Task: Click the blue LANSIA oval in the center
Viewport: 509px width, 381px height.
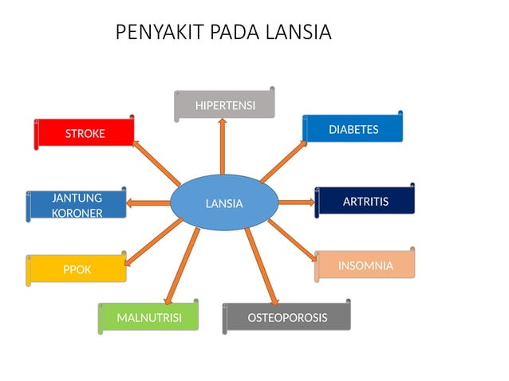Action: click(224, 203)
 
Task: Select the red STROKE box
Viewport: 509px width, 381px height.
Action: click(85, 133)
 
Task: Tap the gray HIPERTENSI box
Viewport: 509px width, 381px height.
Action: click(225, 105)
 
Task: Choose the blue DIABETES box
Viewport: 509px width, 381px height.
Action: click(353, 129)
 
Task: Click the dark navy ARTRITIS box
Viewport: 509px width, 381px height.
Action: click(365, 202)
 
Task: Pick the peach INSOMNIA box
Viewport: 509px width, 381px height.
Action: click(365, 265)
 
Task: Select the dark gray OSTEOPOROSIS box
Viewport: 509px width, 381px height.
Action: click(286, 317)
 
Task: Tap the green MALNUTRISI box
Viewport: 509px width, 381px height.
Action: click(148, 318)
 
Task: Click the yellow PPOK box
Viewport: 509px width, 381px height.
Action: click(77, 269)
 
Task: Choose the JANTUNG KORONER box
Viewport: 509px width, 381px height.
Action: click(77, 205)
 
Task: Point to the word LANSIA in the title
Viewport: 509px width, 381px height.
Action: click(296, 33)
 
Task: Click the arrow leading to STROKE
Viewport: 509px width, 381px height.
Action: click(157, 163)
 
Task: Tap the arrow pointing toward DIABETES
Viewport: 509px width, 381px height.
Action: click(283, 162)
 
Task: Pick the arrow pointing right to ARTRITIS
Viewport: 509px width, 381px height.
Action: click(296, 202)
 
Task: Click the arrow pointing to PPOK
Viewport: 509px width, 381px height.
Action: click(154, 242)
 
